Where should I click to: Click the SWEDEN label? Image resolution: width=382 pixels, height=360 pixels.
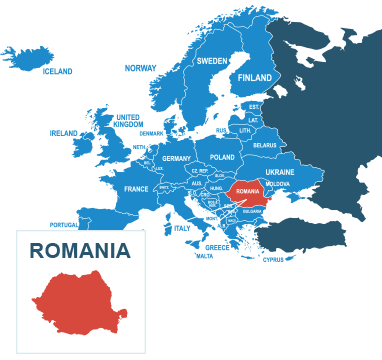[211, 61]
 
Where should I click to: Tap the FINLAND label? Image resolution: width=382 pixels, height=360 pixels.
[255, 78]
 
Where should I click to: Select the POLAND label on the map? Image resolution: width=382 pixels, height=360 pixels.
[222, 157]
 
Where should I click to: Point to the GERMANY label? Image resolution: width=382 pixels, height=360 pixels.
[176, 158]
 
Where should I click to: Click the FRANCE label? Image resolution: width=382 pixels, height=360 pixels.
[136, 188]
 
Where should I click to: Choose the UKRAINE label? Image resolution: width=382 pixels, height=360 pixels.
[280, 172]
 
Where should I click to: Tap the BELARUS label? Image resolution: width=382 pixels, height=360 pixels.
[265, 145]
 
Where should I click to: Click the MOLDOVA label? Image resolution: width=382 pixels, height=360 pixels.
[278, 184]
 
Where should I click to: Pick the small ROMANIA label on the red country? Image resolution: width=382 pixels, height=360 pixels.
[248, 191]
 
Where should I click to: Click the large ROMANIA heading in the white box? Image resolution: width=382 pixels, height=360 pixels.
[79, 251]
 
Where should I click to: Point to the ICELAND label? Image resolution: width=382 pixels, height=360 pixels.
[57, 72]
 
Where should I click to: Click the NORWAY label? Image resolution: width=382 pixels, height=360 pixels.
[140, 68]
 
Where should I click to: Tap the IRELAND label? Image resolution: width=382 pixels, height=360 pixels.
[63, 133]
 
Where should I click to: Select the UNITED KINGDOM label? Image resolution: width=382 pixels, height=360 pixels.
[128, 120]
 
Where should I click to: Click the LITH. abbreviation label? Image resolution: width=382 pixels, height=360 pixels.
[245, 131]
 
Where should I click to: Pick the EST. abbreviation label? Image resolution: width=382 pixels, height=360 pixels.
[254, 106]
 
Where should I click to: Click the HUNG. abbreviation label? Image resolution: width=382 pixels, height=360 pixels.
[216, 187]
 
